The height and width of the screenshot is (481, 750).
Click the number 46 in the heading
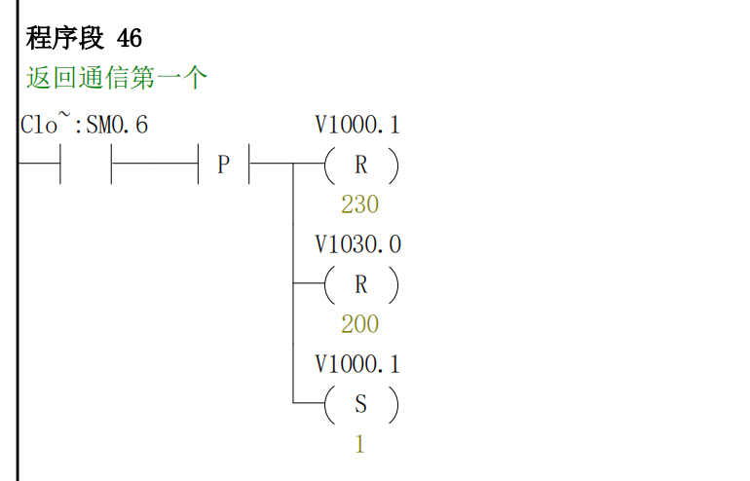(x=130, y=39)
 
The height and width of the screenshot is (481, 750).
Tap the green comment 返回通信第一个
(x=117, y=78)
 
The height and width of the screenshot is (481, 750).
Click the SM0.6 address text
(x=117, y=126)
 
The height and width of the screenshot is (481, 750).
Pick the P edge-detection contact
(x=223, y=166)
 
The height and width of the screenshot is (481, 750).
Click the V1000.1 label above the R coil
(x=357, y=126)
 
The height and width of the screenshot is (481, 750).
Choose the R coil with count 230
(x=360, y=166)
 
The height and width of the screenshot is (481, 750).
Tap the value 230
(x=359, y=205)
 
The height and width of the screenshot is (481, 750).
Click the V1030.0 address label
(x=357, y=244)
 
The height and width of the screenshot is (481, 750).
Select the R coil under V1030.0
(x=360, y=284)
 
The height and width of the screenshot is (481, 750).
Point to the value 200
(x=359, y=324)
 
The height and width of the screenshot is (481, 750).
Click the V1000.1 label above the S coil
(x=357, y=364)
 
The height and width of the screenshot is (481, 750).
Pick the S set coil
(x=360, y=403)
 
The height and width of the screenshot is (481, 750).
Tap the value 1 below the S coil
(x=359, y=444)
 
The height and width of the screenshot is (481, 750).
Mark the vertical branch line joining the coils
(x=293, y=292)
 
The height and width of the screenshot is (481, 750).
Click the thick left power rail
(x=17, y=292)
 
